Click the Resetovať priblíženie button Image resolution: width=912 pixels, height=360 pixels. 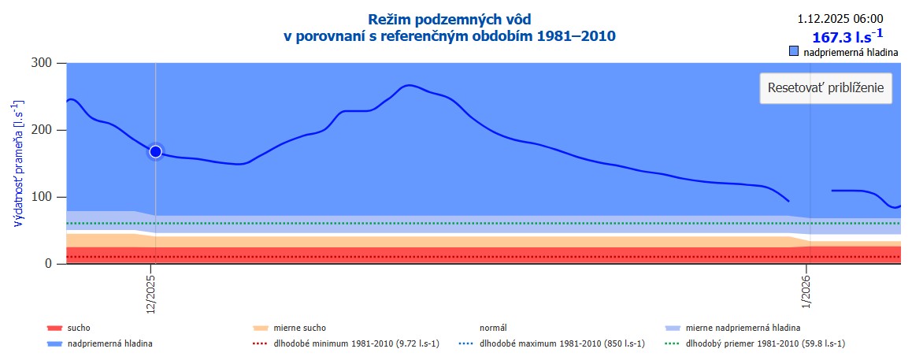coord(825,87)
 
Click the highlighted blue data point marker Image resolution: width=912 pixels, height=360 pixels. coord(155,151)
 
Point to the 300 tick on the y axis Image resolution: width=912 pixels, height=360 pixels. coord(42,64)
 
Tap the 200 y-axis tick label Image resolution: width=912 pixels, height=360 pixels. coord(42,130)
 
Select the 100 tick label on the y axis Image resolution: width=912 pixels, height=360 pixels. coord(42,197)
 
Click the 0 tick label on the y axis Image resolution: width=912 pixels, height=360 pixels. coord(49,264)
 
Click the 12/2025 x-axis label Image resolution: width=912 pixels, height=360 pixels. coord(151,294)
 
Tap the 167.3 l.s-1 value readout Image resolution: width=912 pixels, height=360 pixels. coord(847,36)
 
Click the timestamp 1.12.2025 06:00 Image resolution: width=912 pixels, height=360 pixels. coord(840,19)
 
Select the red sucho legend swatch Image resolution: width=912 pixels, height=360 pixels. coord(54,328)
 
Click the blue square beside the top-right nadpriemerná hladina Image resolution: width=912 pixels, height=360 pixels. coord(794,52)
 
